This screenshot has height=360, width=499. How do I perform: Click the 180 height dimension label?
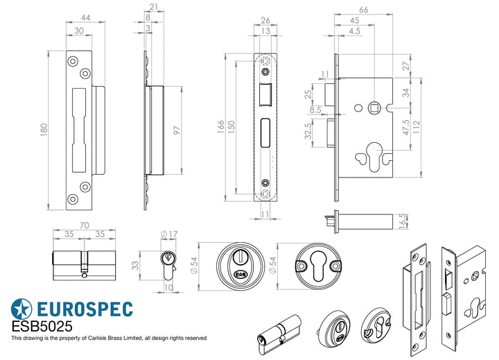pyautogui.click(x=44, y=129)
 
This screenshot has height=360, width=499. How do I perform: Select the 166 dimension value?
pyautogui.click(x=220, y=125)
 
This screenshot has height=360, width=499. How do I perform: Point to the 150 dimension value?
pyautogui.click(x=231, y=125)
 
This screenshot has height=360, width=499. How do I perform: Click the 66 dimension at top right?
pyautogui.click(x=362, y=10)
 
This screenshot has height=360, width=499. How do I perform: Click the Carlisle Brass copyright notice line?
pyautogui.click(x=109, y=338)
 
